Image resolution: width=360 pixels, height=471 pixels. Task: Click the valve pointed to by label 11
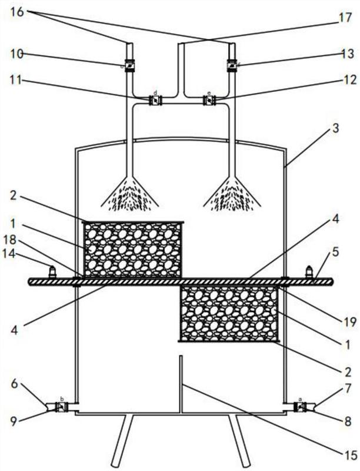156,101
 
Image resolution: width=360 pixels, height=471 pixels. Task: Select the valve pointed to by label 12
208,101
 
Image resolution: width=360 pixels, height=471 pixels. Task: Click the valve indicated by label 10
129,67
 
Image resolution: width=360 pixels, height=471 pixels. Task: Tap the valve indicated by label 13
232,67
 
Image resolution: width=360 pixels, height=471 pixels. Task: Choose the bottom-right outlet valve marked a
299,406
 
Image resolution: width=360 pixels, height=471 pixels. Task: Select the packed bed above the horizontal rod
134,249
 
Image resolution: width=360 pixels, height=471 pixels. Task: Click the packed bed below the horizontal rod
230,313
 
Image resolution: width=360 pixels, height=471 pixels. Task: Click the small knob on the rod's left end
52,272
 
